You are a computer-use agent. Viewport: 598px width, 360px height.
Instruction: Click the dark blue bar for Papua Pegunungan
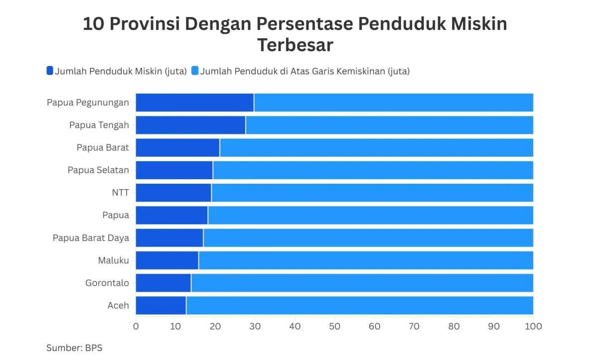tap(194, 103)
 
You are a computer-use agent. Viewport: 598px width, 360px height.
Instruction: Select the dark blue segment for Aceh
tap(160, 305)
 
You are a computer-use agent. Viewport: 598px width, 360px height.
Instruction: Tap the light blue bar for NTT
tap(372, 193)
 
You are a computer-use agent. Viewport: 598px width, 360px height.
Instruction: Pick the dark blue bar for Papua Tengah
tap(190, 125)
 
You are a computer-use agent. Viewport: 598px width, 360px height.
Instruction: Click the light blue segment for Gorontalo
tap(362, 283)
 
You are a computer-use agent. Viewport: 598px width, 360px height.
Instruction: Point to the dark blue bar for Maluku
tap(167, 260)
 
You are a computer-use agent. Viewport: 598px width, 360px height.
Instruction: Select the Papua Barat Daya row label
tap(91, 238)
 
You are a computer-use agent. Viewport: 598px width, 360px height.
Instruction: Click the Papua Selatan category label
tap(98, 170)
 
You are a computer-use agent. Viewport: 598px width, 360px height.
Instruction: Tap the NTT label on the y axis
tap(121, 193)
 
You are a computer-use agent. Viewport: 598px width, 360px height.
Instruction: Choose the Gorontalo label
tap(107, 283)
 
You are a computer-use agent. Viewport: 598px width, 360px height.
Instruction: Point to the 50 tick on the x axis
tap(334, 327)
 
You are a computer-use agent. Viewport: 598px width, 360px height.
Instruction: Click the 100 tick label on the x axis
tap(533, 327)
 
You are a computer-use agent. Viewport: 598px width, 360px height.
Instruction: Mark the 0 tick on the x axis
tap(136, 327)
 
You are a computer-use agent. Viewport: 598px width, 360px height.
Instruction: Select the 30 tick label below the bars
tap(255, 327)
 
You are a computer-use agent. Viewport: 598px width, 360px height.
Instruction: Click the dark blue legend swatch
tap(49, 71)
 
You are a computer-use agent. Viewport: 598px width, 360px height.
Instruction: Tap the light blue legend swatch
tap(195, 71)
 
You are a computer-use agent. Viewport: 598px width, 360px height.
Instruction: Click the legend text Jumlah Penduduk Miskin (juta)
tap(121, 71)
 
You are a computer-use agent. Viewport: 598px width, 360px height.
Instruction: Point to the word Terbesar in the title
tap(295, 45)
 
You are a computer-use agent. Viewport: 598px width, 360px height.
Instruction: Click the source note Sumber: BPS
tap(74, 348)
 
